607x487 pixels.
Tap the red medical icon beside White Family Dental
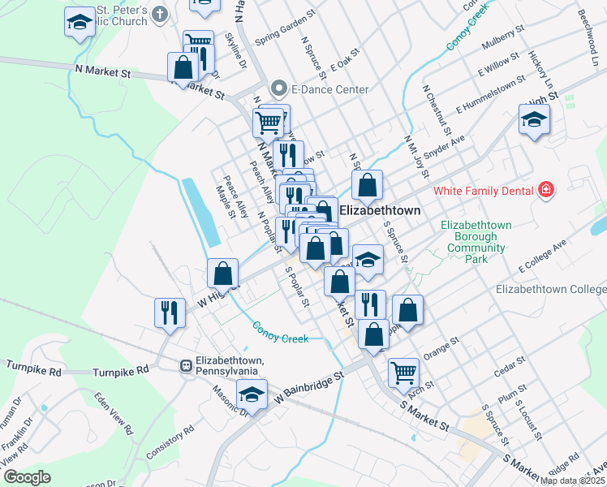546,191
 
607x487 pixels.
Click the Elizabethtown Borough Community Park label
476,242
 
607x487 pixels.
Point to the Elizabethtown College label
550,289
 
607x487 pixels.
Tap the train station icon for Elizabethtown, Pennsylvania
186,366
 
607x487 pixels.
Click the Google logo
27,477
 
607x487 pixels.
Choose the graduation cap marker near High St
532,121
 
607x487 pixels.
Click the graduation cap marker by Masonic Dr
252,395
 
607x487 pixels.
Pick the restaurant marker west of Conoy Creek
169,312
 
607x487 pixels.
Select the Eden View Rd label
113,412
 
